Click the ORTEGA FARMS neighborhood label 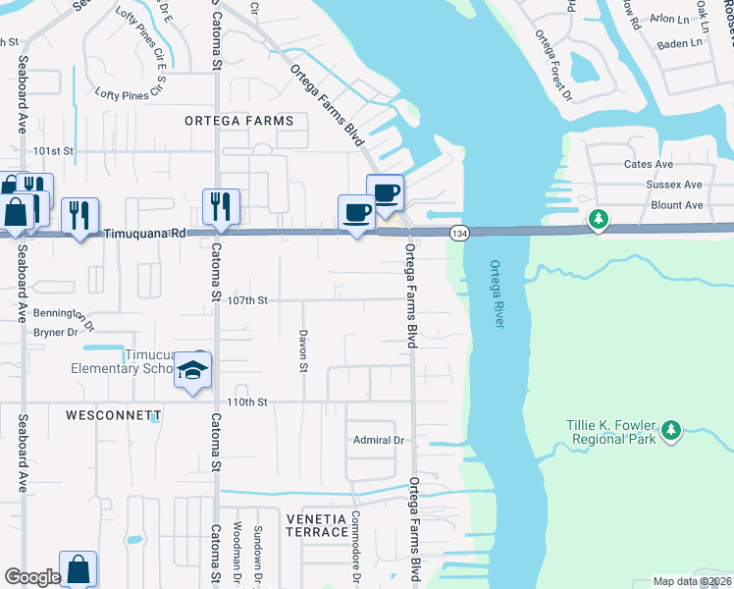(x=239, y=121)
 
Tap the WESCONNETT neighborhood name (x=108, y=415)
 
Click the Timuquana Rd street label (x=145, y=235)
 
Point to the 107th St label (x=248, y=300)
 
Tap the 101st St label (x=54, y=151)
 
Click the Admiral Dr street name (x=379, y=441)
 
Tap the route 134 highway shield (x=459, y=233)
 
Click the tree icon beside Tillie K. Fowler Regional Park (x=671, y=430)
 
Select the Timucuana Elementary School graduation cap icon (x=193, y=371)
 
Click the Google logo (x=32, y=577)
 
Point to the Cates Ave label (x=649, y=164)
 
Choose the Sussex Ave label (x=674, y=185)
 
